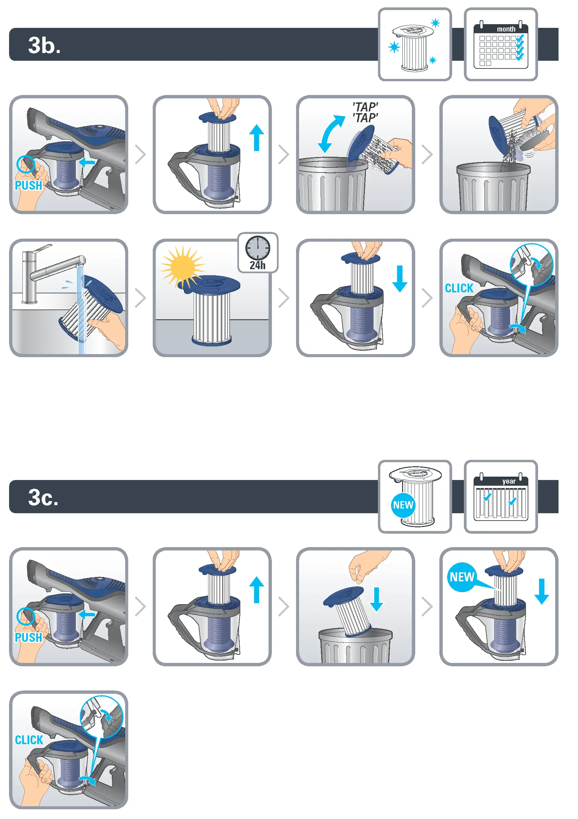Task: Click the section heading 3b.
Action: [44, 46]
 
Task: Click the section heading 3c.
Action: [43, 497]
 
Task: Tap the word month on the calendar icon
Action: [506, 29]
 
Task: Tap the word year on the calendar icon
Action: [509, 481]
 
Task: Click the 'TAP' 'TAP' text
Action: [365, 112]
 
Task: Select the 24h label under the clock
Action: [257, 266]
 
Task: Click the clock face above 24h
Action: [257, 248]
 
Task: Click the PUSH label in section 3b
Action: [28, 186]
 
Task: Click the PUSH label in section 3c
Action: [28, 637]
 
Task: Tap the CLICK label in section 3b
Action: [459, 288]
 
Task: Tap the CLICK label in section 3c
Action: [29, 740]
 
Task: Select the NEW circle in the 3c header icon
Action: [403, 505]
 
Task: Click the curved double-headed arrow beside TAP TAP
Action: [331, 134]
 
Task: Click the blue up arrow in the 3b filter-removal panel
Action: [256, 138]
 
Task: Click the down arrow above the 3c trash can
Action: [376, 599]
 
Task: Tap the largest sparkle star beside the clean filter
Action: [394, 47]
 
